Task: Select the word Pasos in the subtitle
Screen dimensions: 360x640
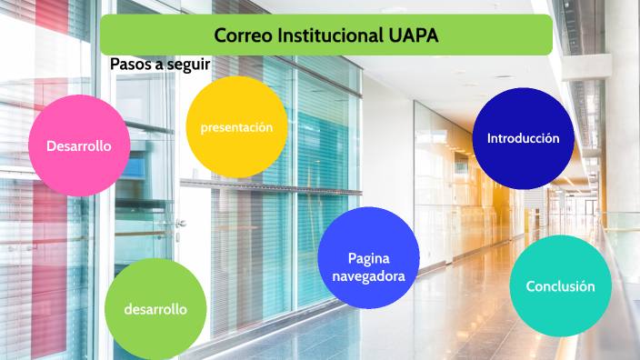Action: pos(130,65)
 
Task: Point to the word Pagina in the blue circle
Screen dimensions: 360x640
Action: pos(369,257)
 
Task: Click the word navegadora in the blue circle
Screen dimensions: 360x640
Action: pos(369,275)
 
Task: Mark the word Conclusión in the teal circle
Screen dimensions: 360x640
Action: pos(560,286)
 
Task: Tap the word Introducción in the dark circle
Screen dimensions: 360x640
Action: pos(523,139)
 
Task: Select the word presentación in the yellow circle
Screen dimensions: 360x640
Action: pos(236,127)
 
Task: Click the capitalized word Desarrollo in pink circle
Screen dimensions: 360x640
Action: pos(79,145)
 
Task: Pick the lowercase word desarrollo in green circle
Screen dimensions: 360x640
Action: pos(155,309)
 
